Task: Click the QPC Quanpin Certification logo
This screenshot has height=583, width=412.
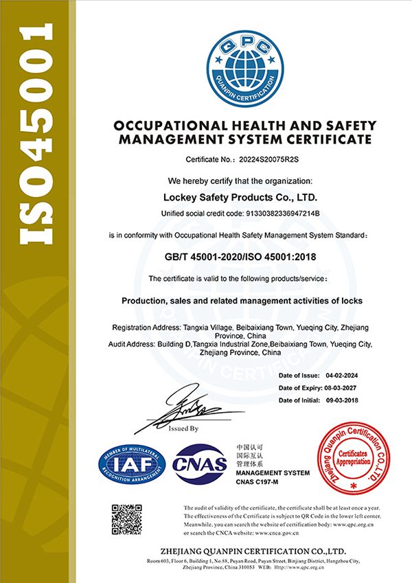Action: [247, 65]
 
